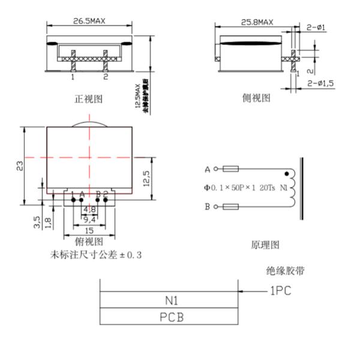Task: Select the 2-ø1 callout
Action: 316,27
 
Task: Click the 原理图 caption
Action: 265,245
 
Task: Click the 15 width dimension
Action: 89,231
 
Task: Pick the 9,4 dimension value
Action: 89,220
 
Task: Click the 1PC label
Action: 280,291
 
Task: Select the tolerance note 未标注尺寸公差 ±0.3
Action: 97,255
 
